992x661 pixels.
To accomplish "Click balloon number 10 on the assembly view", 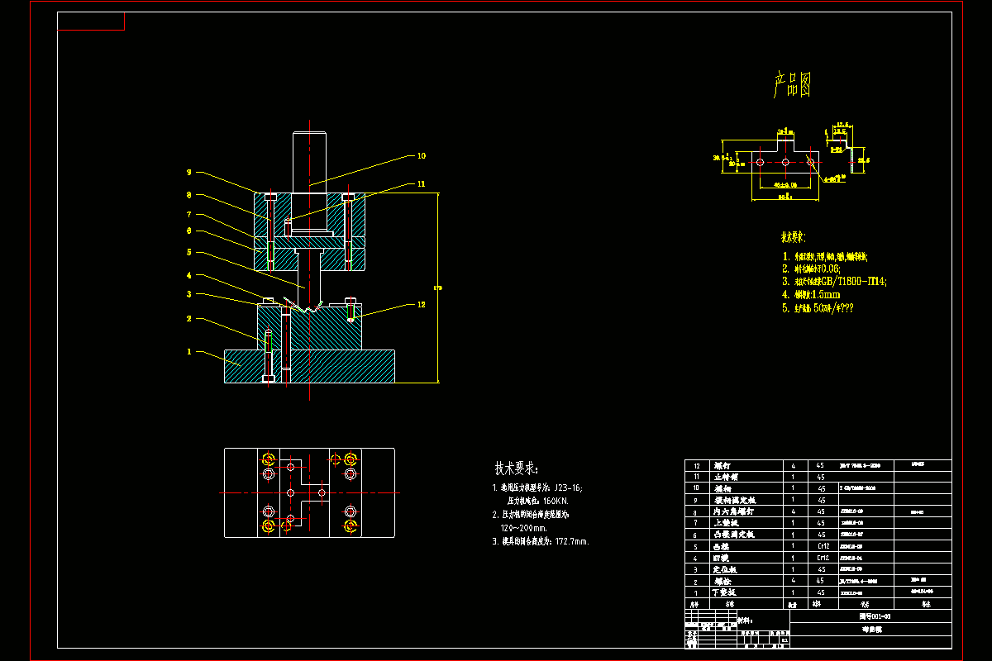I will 422,155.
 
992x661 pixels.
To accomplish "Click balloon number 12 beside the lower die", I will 422,304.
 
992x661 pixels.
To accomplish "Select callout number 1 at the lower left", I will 188,351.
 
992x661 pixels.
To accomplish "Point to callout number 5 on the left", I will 188,252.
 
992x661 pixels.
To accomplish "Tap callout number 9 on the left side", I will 188,173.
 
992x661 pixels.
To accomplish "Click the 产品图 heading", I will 791,85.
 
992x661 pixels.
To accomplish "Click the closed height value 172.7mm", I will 569,542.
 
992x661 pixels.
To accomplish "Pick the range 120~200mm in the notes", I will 524,528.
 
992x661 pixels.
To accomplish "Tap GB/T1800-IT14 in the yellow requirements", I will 851,282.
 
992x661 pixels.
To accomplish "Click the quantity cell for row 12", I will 794,465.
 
